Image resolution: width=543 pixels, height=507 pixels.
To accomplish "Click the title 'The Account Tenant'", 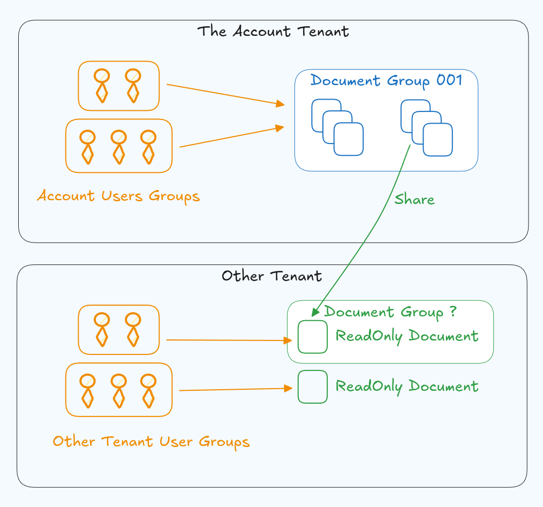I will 273,31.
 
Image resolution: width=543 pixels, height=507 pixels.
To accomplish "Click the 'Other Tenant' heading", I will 271,276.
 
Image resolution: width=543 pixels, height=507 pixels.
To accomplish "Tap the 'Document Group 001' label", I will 386,81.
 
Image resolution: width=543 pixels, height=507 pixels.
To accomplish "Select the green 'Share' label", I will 414,200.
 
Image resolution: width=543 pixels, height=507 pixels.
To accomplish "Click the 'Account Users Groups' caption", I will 118,196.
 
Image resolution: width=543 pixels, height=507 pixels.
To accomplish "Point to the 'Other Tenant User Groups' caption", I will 151,442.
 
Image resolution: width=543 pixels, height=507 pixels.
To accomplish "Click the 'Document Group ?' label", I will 390,312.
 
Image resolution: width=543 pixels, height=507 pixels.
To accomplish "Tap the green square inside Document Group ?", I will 313,337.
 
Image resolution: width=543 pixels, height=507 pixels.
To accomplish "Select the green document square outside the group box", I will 313,387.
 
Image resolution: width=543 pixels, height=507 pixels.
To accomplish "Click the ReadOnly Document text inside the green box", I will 406,336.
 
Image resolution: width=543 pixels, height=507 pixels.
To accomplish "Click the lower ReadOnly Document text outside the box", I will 406,386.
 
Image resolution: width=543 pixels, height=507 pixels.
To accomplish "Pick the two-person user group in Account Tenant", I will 118,86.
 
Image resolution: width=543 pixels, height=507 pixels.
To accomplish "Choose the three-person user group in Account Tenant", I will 118,146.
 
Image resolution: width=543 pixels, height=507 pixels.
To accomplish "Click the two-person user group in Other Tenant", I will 118,330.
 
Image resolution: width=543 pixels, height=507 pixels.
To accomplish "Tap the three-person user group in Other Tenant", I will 118,390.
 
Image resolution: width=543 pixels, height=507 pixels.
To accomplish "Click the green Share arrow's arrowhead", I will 315,311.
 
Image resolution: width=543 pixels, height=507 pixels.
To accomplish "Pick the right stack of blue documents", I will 426,127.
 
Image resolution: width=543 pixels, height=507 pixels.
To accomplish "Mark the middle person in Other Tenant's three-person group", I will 119,390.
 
